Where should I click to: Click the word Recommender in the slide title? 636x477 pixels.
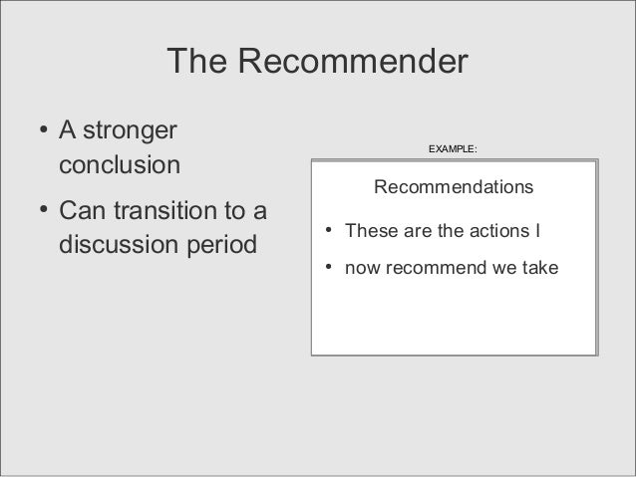(352, 62)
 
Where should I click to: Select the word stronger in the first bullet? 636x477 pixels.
(132, 130)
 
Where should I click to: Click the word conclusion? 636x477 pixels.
(121, 164)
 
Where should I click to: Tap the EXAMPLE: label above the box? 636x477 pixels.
(453, 149)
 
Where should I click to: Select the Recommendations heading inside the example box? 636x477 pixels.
(453, 187)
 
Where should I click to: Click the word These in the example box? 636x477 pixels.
(367, 232)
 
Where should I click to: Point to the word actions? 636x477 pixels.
(500, 232)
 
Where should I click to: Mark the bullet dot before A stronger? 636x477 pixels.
(43, 130)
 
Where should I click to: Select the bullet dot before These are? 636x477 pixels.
(327, 233)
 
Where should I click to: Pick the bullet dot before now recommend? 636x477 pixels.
(327, 269)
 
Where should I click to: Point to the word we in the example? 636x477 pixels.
(499, 269)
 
